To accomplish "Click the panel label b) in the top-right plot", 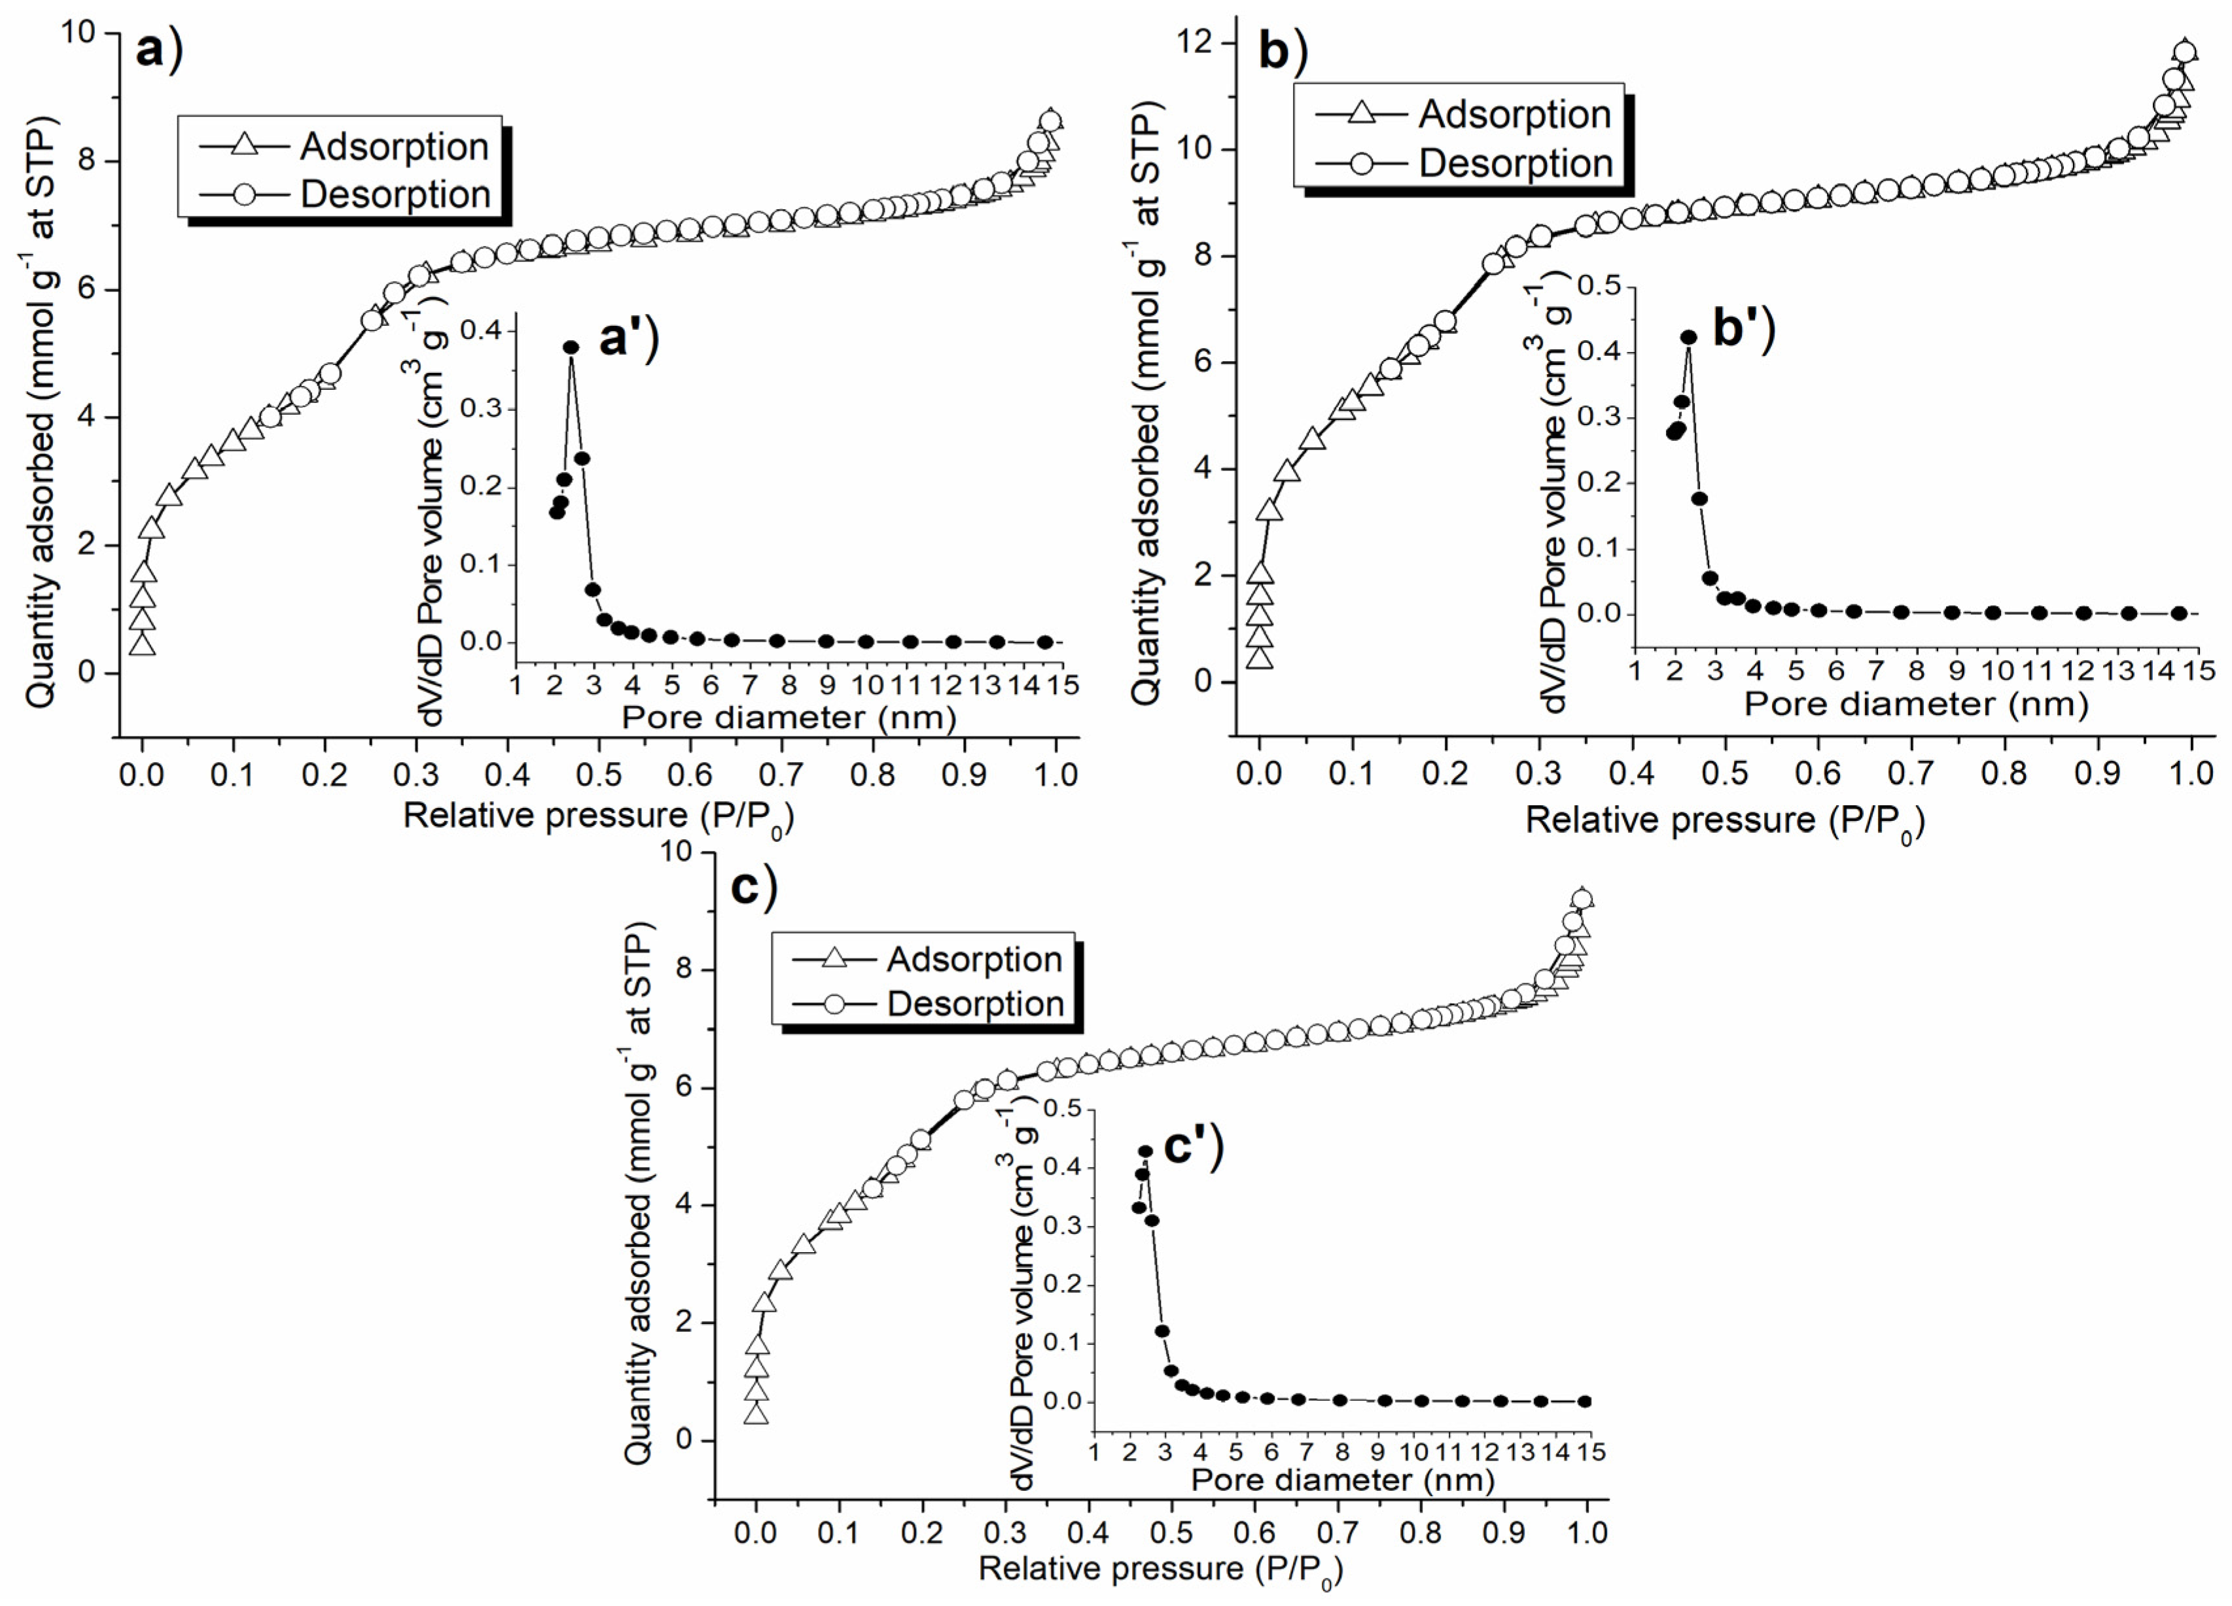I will [1283, 51].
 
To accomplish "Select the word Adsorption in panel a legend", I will [394, 147].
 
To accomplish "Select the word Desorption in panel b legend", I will [1515, 164].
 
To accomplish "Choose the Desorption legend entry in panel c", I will [975, 1004].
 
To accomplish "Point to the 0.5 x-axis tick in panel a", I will [599, 775].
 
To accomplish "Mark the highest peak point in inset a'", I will [571, 347].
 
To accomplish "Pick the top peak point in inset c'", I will [1146, 1151].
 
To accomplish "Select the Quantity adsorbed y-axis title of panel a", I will [41, 411].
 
